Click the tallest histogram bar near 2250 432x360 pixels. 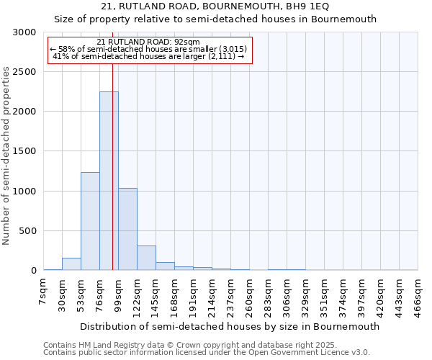[109, 181]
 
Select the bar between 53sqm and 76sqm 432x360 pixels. [90, 221]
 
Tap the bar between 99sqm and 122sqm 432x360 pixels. [127, 229]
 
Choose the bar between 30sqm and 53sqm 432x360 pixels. [71, 264]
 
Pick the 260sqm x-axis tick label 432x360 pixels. [249, 295]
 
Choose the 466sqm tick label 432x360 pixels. [418, 295]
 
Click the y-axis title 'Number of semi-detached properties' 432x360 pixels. [7, 156]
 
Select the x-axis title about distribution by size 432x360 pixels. [230, 326]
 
